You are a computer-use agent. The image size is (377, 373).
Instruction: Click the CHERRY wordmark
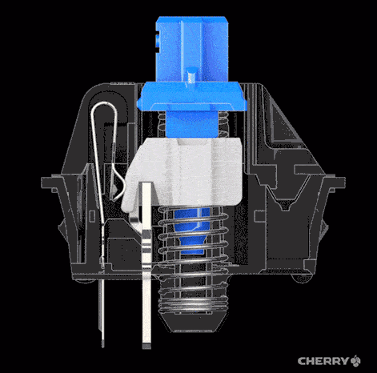(323, 361)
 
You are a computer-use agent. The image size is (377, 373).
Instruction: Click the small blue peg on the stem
(192, 75)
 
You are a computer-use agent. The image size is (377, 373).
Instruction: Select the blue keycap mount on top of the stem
(191, 49)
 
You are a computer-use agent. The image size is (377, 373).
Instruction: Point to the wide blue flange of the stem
(191, 96)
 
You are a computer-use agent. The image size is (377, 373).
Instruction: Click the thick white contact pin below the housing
(146, 266)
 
